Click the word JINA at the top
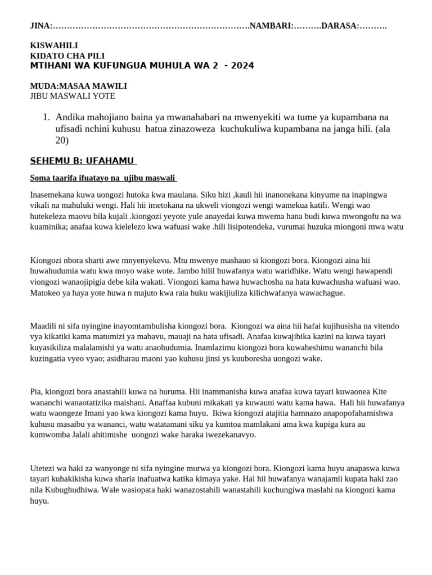point(39,26)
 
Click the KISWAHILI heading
point(54,45)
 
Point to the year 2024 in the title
point(241,66)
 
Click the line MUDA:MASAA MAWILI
point(78,86)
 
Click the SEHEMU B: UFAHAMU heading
point(83,161)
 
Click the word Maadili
point(43,326)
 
